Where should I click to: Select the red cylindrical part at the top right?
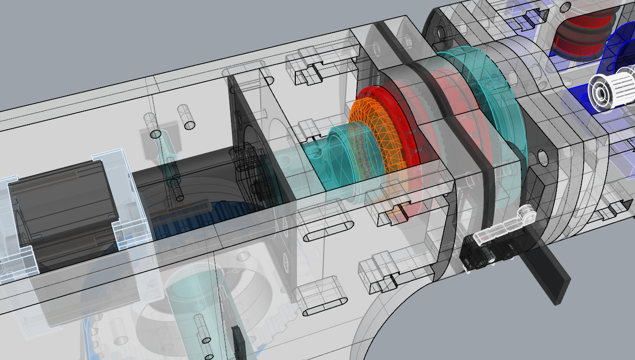581,37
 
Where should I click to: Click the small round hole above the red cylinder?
565,7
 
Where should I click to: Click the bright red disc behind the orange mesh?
390,112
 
